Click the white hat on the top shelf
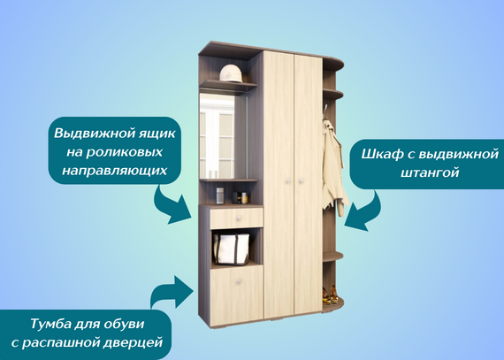(231, 73)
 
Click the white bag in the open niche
(231, 249)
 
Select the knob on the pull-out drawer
(239, 218)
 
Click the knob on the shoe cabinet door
(239, 281)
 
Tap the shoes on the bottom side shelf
(331, 294)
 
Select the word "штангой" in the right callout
(430, 173)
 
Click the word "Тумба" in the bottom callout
(50, 324)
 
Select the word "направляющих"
(114, 171)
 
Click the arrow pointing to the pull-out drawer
(172, 206)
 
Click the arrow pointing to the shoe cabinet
(172, 292)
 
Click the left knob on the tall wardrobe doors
(288, 181)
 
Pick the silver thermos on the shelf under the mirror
(220, 195)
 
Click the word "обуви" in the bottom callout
(126, 324)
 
